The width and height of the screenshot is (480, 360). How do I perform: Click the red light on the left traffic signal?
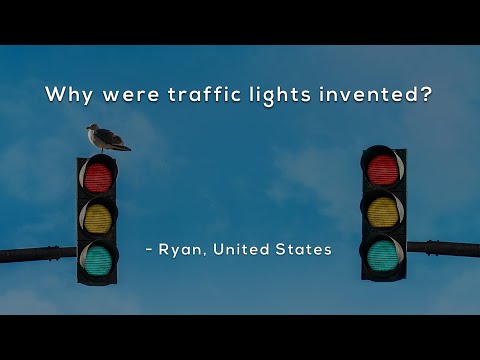(97, 177)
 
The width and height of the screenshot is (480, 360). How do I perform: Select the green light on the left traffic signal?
(97, 259)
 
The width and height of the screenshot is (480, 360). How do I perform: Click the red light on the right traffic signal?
(382, 169)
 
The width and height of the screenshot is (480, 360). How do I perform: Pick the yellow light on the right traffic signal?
(382, 211)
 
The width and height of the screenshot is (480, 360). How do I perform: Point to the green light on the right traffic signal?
(382, 254)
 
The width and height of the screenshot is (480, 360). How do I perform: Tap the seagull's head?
(92, 128)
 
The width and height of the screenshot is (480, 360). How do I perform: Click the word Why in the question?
(68, 96)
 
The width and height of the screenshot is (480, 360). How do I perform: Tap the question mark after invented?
(428, 96)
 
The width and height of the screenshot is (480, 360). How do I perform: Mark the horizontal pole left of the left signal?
(36, 254)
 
